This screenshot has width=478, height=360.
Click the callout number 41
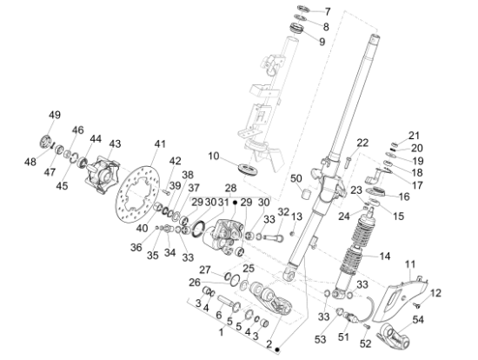pos(159,143)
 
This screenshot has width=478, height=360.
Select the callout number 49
pos(54,116)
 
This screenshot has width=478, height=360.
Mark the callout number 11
pos(412,263)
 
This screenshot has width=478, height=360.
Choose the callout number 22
pos(362,142)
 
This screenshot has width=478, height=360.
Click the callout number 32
pos(282,211)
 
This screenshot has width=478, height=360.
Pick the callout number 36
pos(136,247)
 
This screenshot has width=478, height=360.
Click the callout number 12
pos(437,292)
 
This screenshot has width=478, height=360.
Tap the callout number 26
pos(193,282)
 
